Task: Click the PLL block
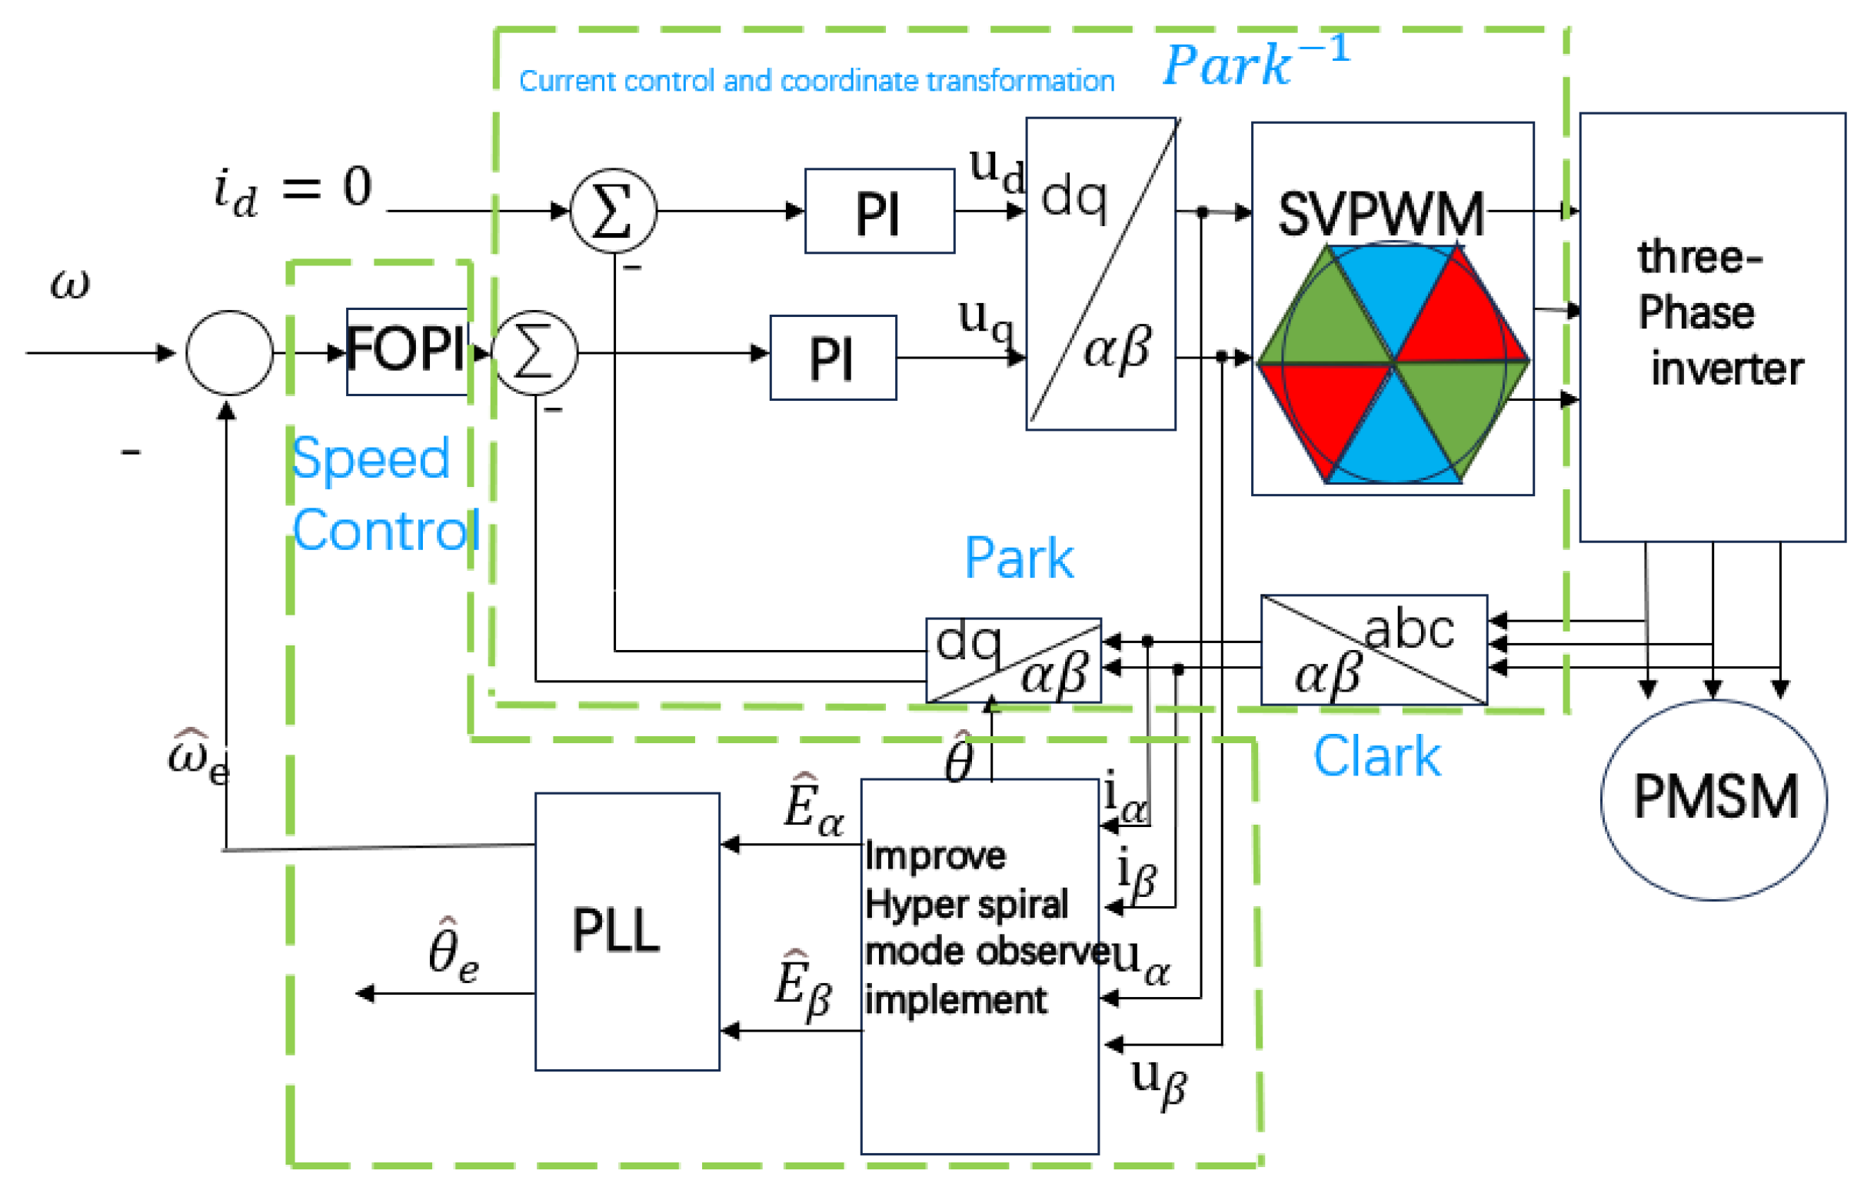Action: pyautogui.click(x=627, y=931)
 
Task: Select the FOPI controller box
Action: pyautogui.click(x=407, y=352)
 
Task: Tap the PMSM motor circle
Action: pyautogui.click(x=1714, y=800)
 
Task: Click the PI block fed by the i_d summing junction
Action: pyautogui.click(x=880, y=211)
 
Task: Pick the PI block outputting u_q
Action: pyautogui.click(x=833, y=358)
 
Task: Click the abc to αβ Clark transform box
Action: pyautogui.click(x=1373, y=650)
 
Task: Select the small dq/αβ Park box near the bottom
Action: pyautogui.click(x=1014, y=660)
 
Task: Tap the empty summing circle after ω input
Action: pyautogui.click(x=229, y=353)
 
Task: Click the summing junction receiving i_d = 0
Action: pyautogui.click(x=613, y=211)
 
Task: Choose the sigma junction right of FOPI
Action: pyautogui.click(x=534, y=352)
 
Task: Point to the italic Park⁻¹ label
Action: pyautogui.click(x=1257, y=61)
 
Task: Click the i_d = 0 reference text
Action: pyautogui.click(x=293, y=191)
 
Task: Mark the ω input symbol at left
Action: pyautogui.click(x=70, y=285)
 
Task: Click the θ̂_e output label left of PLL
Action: pyautogui.click(x=453, y=952)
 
